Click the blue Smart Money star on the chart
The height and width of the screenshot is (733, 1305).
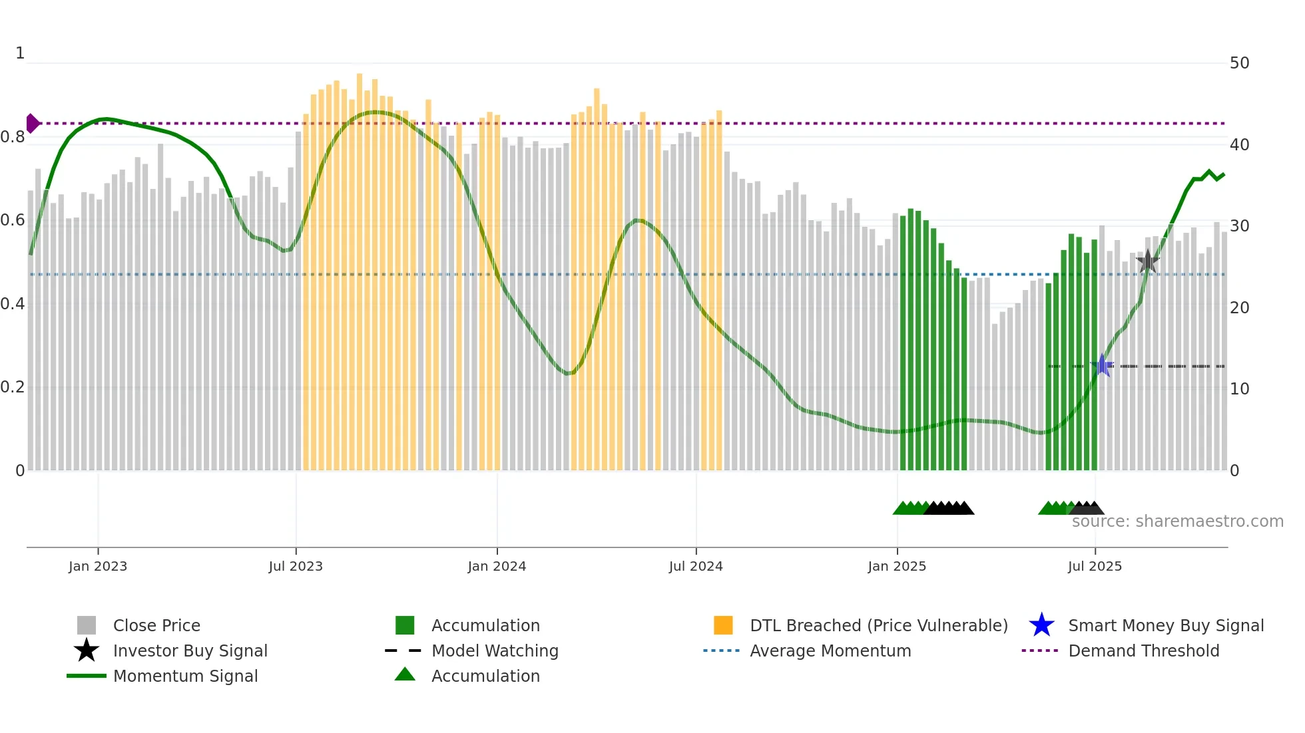click(1103, 365)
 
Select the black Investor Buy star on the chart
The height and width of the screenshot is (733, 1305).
click(1148, 261)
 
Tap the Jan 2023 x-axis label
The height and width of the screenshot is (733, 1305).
click(98, 566)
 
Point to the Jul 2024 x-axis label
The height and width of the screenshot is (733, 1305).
click(696, 566)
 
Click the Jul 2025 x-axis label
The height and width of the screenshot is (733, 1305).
click(1095, 566)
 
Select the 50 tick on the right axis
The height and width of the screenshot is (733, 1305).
click(1239, 63)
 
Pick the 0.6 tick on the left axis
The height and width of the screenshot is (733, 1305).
click(13, 220)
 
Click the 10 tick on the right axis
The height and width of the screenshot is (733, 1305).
click(1239, 389)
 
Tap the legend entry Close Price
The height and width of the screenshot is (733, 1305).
click(156, 625)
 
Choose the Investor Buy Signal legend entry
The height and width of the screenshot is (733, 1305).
click(190, 651)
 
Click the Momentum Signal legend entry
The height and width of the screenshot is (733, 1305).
click(185, 676)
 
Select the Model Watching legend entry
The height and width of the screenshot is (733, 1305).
click(495, 651)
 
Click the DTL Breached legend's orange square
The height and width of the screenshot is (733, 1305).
click(723, 625)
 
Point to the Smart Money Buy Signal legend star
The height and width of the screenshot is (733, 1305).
click(1041, 625)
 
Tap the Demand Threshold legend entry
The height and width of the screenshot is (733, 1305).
click(1143, 651)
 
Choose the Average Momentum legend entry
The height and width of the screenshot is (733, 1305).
click(830, 651)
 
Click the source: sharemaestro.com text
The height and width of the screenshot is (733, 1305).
click(1177, 521)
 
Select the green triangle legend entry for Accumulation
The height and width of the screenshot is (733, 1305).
click(405, 675)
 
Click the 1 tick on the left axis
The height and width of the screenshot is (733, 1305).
click(20, 53)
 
